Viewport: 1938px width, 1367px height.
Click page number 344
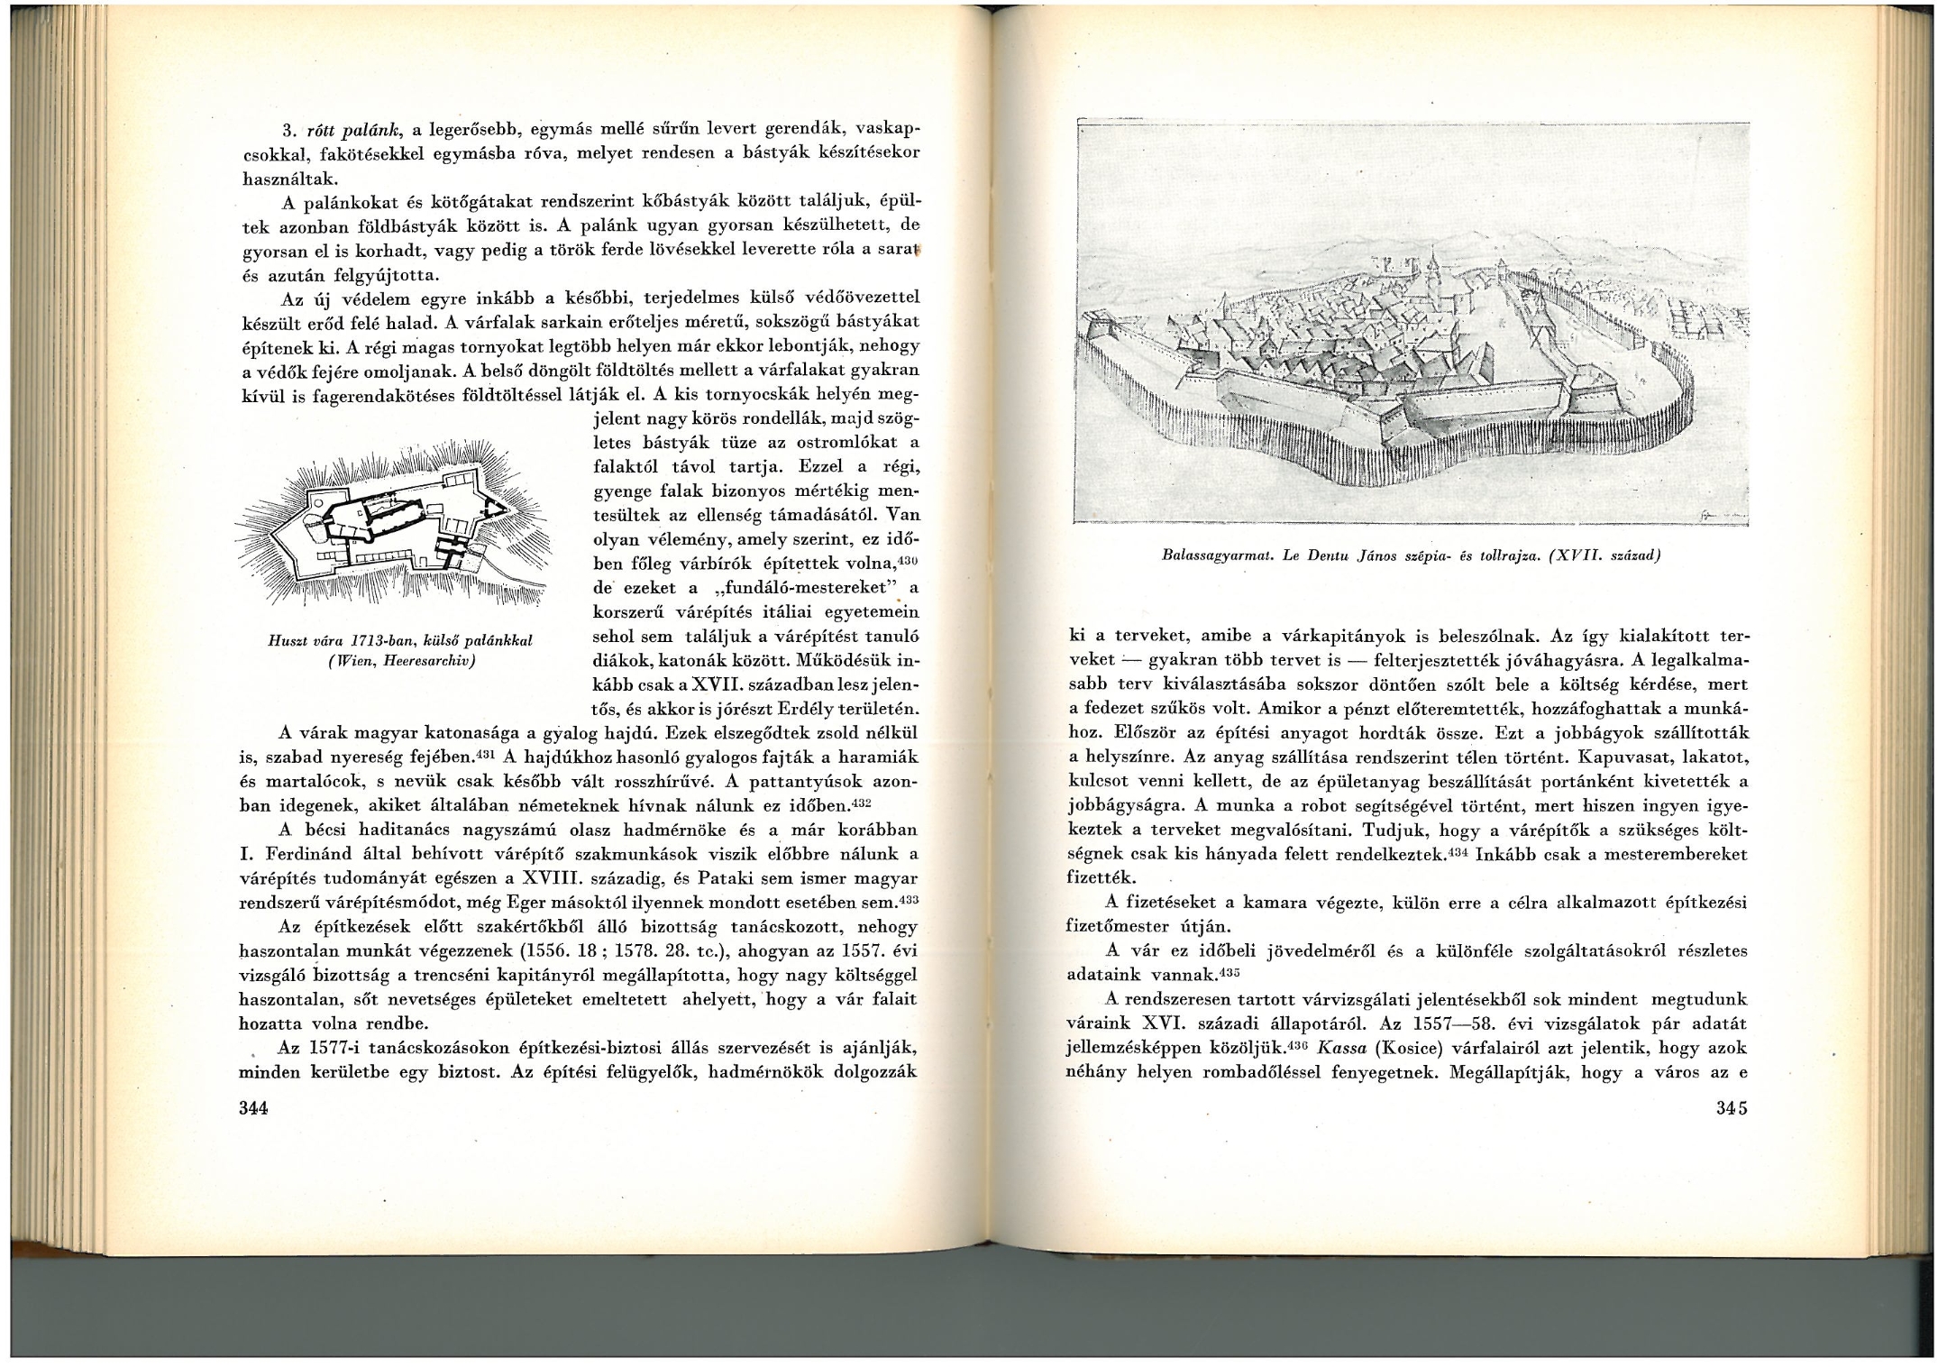pos(253,1108)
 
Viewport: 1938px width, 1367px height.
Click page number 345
pos(1732,1108)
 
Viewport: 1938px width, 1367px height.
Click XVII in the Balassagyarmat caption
pos(1568,556)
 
